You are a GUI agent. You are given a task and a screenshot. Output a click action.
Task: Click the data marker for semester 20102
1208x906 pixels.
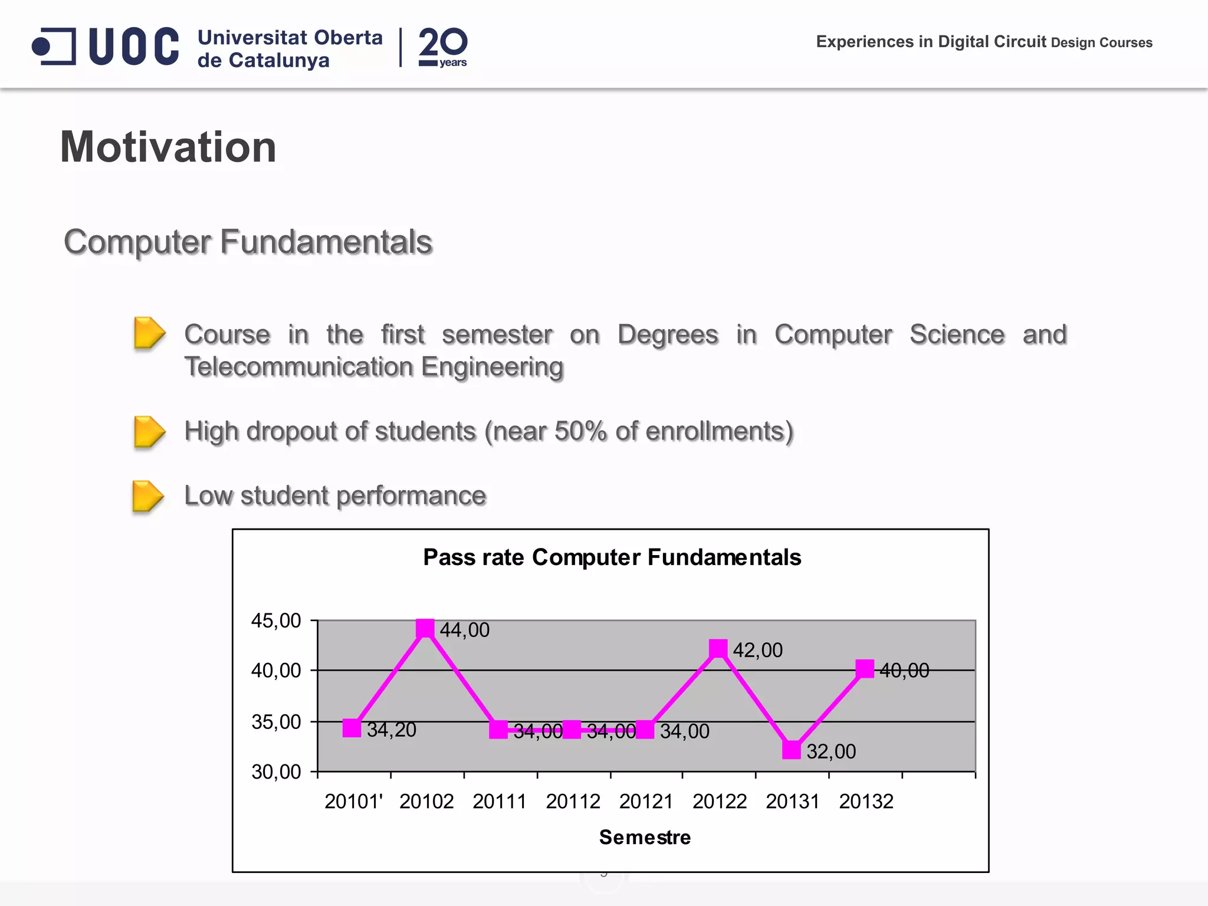tap(425, 629)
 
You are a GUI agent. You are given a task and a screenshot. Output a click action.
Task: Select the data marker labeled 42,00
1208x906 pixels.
tap(718, 649)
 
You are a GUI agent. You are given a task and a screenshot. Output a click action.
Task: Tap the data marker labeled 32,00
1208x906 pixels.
tap(792, 750)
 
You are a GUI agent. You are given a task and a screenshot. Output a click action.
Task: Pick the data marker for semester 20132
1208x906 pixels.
tap(865, 669)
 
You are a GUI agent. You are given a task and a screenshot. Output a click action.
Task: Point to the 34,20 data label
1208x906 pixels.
tap(392, 730)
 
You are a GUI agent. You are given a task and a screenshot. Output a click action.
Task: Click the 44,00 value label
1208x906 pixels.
tap(465, 631)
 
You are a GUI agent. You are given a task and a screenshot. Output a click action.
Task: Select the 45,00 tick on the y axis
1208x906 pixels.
tap(276, 621)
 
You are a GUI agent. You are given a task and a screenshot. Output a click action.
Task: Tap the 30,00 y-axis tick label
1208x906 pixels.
tap(276, 772)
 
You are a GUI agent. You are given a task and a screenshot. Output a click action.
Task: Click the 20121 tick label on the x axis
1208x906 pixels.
tap(646, 802)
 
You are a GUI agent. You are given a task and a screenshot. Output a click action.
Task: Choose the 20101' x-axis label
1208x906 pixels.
tap(353, 802)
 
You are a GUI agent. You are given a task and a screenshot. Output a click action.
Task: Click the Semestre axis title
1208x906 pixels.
tap(645, 838)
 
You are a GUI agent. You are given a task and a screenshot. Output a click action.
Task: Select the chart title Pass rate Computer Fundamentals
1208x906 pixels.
tap(612, 557)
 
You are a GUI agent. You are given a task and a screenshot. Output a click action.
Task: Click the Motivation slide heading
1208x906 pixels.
tap(168, 147)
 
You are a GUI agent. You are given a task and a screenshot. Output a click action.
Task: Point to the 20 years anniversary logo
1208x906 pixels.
tap(443, 47)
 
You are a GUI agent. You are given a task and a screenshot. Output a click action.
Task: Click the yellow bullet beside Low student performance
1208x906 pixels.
tap(148, 496)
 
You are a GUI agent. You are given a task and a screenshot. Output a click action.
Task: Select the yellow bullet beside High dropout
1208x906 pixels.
tap(149, 432)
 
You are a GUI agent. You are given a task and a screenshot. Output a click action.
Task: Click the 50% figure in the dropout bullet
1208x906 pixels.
tap(580, 431)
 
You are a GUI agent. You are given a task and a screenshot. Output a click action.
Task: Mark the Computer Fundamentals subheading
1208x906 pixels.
tap(248, 242)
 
